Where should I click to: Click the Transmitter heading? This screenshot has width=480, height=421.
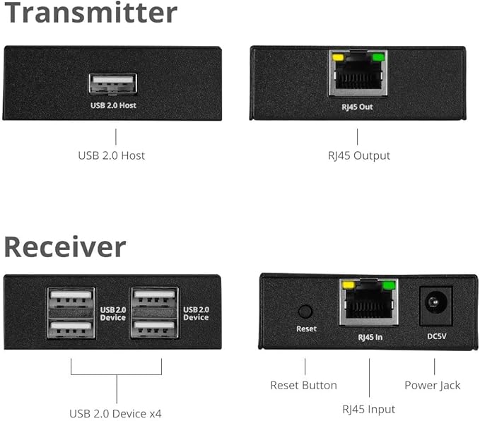click(x=90, y=13)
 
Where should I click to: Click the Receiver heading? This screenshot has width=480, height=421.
click(x=65, y=247)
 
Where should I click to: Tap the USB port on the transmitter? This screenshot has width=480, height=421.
click(x=112, y=83)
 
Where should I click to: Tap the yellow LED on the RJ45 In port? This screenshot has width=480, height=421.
click(x=348, y=287)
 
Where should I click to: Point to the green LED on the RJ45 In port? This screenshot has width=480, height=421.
click(x=389, y=287)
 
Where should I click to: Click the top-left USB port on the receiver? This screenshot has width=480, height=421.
click(x=71, y=297)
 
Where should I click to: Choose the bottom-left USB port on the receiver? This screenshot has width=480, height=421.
click(x=71, y=328)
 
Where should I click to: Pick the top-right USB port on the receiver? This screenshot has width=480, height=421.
click(x=153, y=297)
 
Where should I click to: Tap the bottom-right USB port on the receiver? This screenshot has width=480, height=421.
click(x=153, y=328)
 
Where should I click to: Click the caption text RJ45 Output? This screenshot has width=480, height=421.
click(x=357, y=155)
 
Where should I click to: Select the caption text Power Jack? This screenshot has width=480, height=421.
click(x=432, y=385)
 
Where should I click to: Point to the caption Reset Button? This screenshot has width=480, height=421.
click(x=303, y=385)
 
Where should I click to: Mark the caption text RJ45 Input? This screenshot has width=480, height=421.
click(x=368, y=409)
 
